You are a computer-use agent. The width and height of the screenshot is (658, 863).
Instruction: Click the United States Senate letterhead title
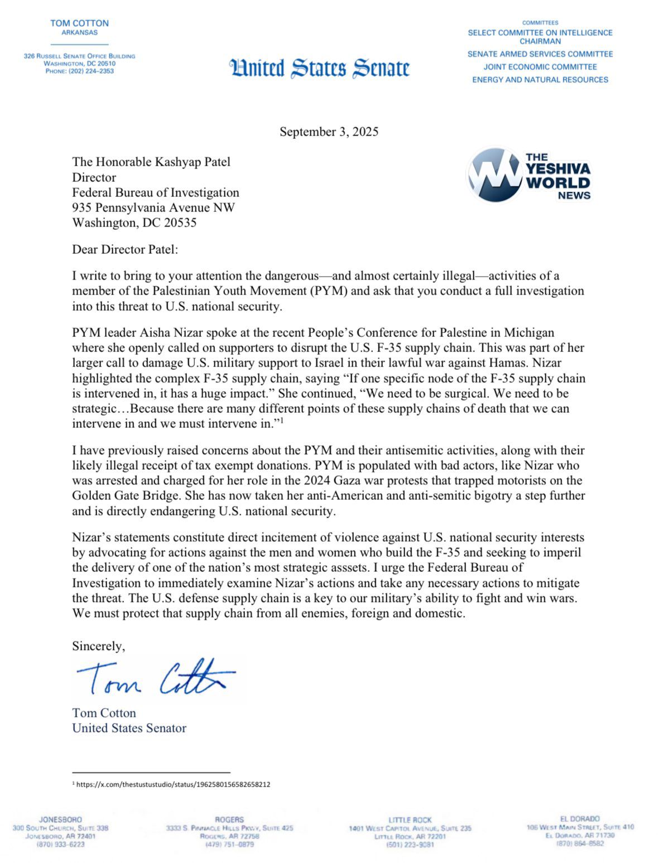(319, 68)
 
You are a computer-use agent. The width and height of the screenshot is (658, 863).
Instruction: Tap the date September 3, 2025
(329, 132)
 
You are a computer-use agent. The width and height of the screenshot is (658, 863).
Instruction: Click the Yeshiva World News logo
(529, 175)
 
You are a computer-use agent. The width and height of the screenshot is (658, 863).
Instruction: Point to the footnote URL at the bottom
(173, 784)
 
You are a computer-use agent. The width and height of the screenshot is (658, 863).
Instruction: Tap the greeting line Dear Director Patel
(125, 249)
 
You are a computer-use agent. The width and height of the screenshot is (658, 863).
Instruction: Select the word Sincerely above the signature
(98, 646)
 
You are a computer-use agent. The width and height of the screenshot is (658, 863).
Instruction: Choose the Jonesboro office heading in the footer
(60, 819)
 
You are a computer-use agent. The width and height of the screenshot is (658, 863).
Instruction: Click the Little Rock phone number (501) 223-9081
(410, 845)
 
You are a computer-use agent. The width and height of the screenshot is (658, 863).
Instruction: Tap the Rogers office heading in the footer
(229, 819)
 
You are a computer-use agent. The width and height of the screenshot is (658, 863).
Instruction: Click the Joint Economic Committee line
(540, 67)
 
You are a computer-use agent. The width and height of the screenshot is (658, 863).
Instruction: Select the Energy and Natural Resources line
(540, 80)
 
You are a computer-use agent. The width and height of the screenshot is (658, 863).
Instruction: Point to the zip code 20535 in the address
(180, 223)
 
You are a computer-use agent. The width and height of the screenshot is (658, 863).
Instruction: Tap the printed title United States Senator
(129, 728)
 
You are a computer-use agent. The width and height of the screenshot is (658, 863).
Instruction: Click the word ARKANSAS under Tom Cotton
(79, 32)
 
